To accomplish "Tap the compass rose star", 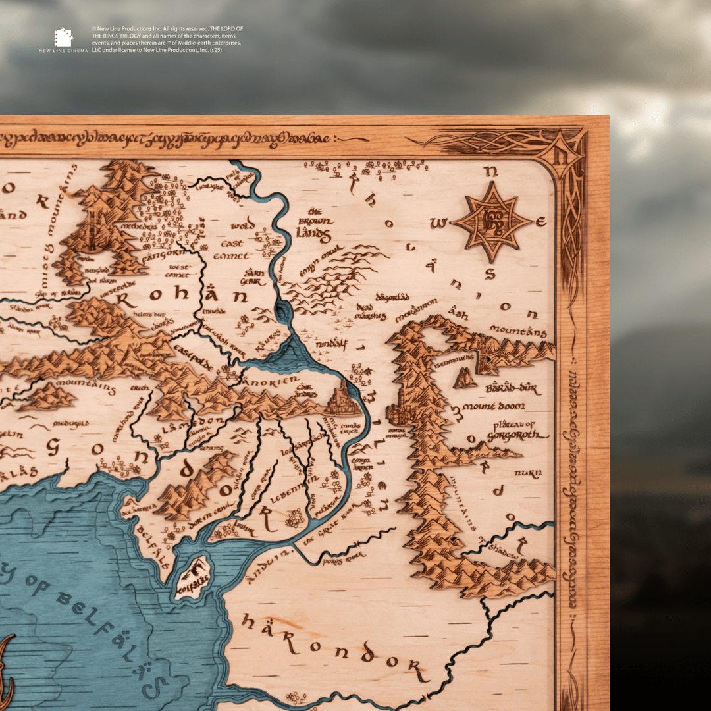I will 492,223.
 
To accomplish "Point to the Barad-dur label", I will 512,388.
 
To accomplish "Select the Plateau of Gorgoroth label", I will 517,430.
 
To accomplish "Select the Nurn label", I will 528,473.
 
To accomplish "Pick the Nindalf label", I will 331,344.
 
